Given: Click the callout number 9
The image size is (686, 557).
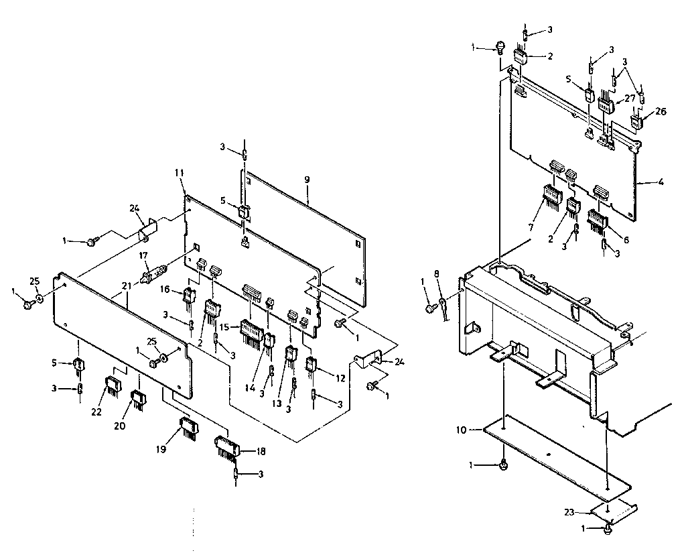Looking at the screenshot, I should tap(306, 180).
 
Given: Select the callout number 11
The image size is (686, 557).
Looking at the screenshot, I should tap(179, 173).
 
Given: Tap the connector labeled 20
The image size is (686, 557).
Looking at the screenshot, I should tap(139, 399).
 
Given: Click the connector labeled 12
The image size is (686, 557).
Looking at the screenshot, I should tap(312, 366).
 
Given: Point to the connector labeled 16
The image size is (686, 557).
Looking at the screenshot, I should tap(190, 294).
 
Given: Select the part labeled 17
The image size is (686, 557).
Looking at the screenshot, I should tap(152, 274).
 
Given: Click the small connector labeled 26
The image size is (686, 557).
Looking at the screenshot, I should tap(637, 122).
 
